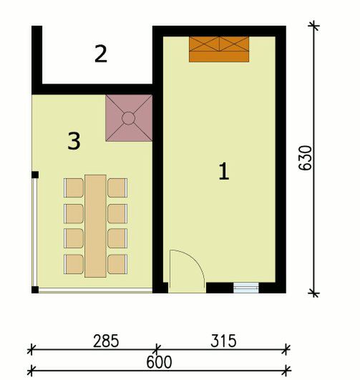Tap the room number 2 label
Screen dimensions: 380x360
(101, 54)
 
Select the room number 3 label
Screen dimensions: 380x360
(73, 141)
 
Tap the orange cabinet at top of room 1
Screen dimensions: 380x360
(218, 49)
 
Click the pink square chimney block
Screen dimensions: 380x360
(129, 118)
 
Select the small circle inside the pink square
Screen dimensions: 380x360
(129, 118)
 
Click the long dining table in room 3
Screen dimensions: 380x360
(95, 225)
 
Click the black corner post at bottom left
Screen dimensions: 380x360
(35, 289)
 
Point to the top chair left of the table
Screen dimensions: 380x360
(74, 187)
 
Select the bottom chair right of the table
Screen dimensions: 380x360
(117, 264)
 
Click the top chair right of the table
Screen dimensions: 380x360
(117, 187)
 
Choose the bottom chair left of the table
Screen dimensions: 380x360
(74, 264)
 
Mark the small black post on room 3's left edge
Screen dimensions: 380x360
(34, 174)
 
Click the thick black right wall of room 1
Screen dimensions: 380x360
(281, 157)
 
